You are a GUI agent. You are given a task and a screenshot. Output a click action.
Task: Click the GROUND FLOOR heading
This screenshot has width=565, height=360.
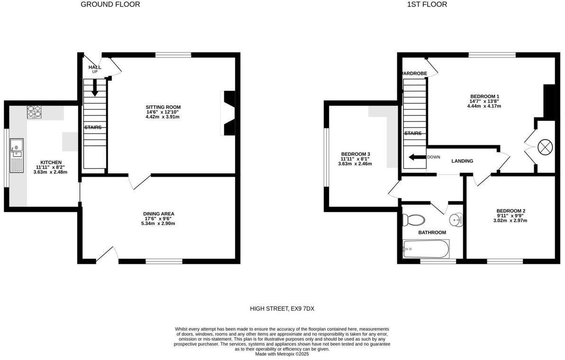point(110,5)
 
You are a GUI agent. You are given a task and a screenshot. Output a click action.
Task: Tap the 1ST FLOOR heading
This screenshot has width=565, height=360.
point(427,5)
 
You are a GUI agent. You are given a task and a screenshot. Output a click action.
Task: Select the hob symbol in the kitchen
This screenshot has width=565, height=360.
point(35,112)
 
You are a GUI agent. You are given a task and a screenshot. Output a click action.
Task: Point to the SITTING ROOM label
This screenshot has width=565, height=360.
point(163,107)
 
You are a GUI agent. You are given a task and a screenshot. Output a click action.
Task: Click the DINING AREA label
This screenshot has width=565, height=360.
point(159,214)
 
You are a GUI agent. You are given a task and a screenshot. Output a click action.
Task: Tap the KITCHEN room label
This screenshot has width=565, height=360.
point(51,162)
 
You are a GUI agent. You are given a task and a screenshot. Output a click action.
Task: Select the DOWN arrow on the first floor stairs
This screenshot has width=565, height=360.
point(417,157)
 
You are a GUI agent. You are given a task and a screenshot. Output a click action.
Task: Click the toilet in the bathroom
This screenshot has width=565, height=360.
point(413,220)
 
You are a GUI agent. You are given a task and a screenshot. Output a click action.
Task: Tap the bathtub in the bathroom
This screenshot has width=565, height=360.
point(425,248)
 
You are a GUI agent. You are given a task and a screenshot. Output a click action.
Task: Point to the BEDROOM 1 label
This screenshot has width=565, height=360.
point(484,97)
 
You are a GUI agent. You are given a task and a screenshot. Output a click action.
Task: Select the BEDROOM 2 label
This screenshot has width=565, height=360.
point(510,211)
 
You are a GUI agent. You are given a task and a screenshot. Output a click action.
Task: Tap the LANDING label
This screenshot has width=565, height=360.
point(462,161)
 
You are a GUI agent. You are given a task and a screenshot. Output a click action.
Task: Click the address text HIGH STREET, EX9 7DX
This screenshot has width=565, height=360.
point(282,309)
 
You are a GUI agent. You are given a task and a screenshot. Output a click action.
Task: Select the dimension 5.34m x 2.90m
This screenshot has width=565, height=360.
point(158,224)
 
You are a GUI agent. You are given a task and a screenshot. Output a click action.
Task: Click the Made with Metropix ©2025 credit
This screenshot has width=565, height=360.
point(282,354)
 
